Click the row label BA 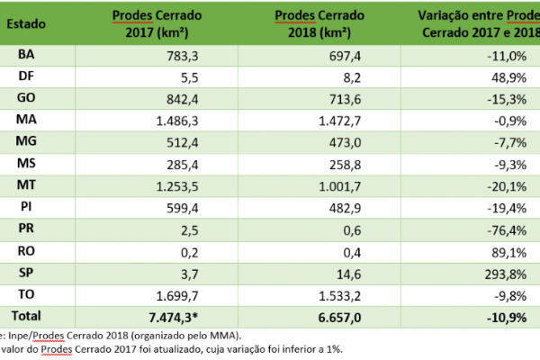[x=26, y=55]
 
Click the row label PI [x=26, y=206]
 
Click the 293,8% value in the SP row [x=504, y=271]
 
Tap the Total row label [x=26, y=314]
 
